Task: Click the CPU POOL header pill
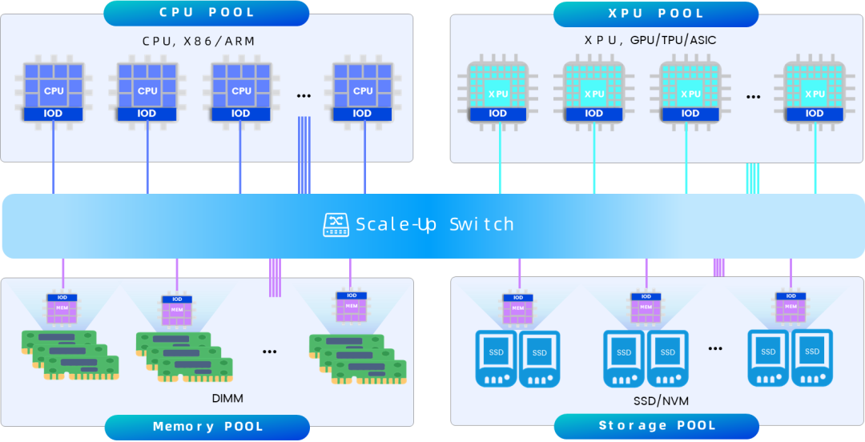[207, 13]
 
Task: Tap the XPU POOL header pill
[656, 14]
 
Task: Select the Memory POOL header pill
[207, 427]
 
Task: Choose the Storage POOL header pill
[657, 426]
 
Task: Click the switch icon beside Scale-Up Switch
[336, 224]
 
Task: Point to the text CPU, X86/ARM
[199, 42]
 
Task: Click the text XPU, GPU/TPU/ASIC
[650, 40]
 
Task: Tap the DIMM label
[227, 399]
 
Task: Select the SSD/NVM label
[662, 400]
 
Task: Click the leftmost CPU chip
[54, 91]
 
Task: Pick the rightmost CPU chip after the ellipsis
[363, 91]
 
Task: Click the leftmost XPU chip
[498, 92]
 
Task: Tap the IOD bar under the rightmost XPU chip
[815, 114]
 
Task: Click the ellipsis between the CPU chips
[304, 96]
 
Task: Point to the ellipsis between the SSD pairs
[715, 348]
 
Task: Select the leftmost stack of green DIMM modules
[70, 355]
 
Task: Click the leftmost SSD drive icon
[496, 358]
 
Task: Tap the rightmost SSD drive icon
[812, 357]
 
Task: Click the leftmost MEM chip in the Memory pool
[62, 309]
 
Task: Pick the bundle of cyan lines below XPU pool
[753, 179]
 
